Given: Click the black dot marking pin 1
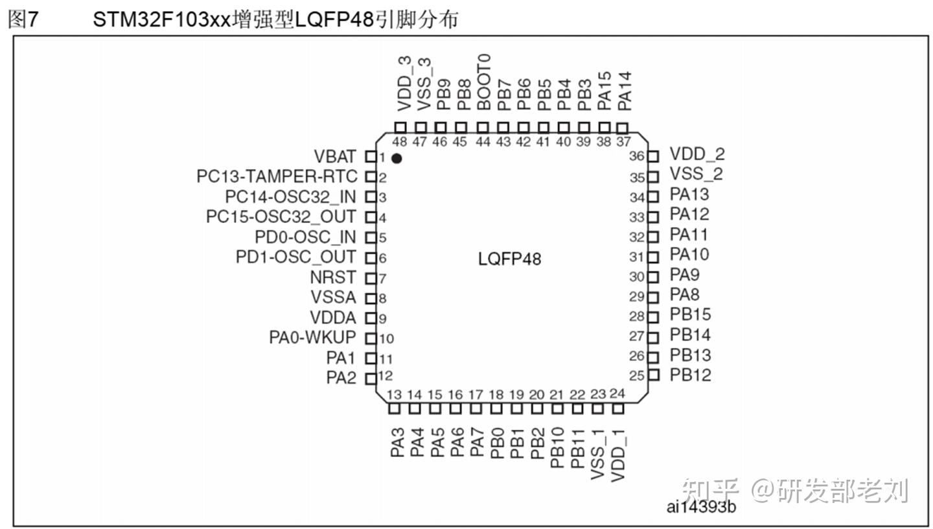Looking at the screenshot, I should point(397,158).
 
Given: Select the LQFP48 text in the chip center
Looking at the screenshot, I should point(509,259).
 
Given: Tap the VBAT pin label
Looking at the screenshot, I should point(335,157).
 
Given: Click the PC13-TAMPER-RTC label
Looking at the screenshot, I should point(277,176).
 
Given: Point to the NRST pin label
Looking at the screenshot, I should point(334,277).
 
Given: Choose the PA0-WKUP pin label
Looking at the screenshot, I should point(312,338).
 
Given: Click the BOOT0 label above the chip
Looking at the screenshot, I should point(483,82).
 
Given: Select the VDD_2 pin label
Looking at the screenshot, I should point(697,154).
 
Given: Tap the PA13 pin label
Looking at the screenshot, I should point(689,194).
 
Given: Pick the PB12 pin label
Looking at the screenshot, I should point(691,375).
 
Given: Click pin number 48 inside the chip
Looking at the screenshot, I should point(400,143).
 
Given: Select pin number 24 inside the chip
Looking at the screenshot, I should point(617,394).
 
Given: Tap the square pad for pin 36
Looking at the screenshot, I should point(653,156).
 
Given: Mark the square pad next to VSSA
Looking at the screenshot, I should point(371,298).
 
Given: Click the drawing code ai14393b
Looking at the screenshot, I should point(701,506).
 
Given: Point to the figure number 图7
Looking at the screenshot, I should point(23,19).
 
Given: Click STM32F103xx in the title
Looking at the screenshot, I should point(161,19).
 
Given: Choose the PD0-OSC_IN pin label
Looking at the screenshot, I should point(305,237).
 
